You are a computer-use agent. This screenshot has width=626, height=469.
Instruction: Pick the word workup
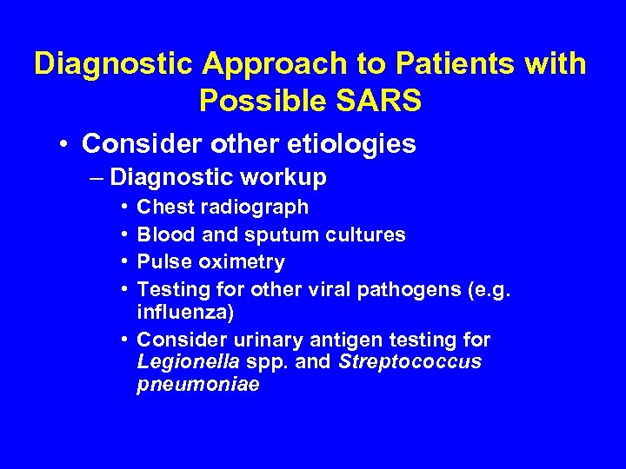[x=286, y=178]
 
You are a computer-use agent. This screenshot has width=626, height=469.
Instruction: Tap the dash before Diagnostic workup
[x=97, y=178]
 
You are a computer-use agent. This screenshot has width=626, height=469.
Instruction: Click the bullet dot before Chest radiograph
[x=127, y=208]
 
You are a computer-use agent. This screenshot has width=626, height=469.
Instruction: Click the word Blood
[x=163, y=234]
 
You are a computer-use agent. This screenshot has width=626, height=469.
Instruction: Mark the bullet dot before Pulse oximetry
[x=127, y=261]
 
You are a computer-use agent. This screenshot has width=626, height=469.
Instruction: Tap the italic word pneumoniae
[x=198, y=384]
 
